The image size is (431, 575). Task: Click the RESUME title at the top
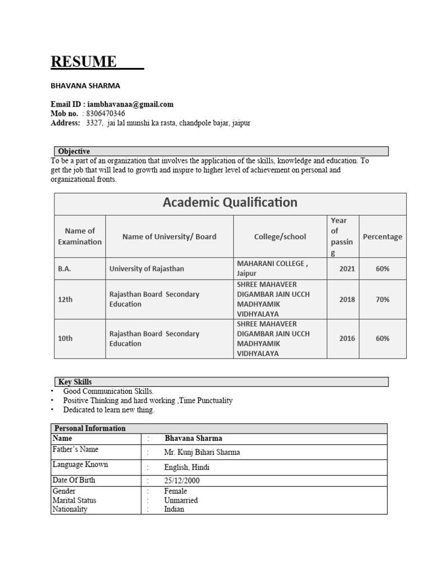(x=84, y=61)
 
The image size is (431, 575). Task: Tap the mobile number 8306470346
(x=105, y=113)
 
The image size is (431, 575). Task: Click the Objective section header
(x=74, y=152)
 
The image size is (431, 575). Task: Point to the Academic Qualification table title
(x=230, y=203)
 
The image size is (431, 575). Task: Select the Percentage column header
(x=382, y=236)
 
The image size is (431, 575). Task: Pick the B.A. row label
(x=65, y=269)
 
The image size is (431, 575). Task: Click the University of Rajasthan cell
(x=146, y=269)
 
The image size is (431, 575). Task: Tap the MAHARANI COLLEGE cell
(x=272, y=264)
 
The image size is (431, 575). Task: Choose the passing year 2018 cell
(x=347, y=299)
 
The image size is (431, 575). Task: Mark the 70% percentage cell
(x=382, y=299)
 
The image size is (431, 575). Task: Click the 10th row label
(x=66, y=339)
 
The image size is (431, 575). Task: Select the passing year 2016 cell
(x=347, y=339)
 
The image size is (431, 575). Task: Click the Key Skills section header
(x=75, y=382)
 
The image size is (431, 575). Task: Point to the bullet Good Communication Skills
(x=108, y=391)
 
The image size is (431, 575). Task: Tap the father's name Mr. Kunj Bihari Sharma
(x=202, y=452)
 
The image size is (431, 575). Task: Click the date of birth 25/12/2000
(x=182, y=481)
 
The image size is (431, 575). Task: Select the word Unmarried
(x=181, y=500)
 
